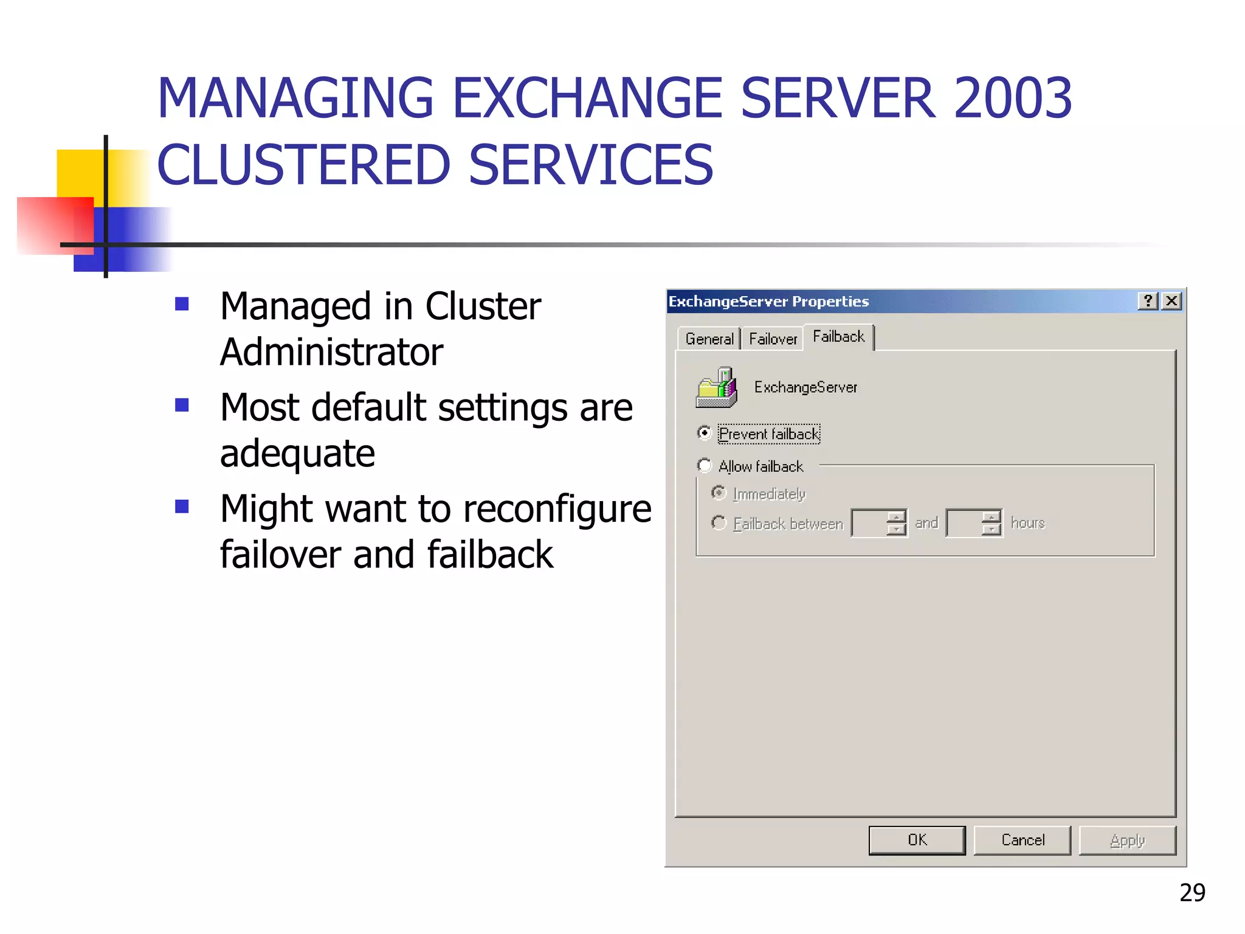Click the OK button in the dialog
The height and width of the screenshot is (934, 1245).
pos(917,840)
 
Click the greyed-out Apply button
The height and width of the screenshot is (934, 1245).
pos(1127,840)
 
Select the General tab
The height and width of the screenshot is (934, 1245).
pos(709,339)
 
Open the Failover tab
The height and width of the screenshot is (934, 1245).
pos(773,339)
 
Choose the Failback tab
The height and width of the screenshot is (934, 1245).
pos(838,337)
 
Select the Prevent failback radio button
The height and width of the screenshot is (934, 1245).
pos(704,433)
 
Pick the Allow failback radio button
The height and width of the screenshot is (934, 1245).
pos(704,466)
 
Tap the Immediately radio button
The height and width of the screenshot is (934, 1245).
pos(719,493)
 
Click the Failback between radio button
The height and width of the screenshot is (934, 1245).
pos(719,522)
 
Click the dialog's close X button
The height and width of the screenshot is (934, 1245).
pos(1171,301)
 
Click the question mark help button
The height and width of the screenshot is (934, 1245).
pos(1148,301)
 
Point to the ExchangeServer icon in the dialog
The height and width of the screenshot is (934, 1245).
pos(717,387)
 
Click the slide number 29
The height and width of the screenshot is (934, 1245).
pos(1192,892)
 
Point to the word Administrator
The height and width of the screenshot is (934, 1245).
pos(331,352)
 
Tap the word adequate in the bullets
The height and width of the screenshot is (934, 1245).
pos(297,454)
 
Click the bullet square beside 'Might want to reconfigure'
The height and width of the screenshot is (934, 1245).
pos(182,506)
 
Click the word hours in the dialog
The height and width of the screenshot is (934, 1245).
pos(1027,523)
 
